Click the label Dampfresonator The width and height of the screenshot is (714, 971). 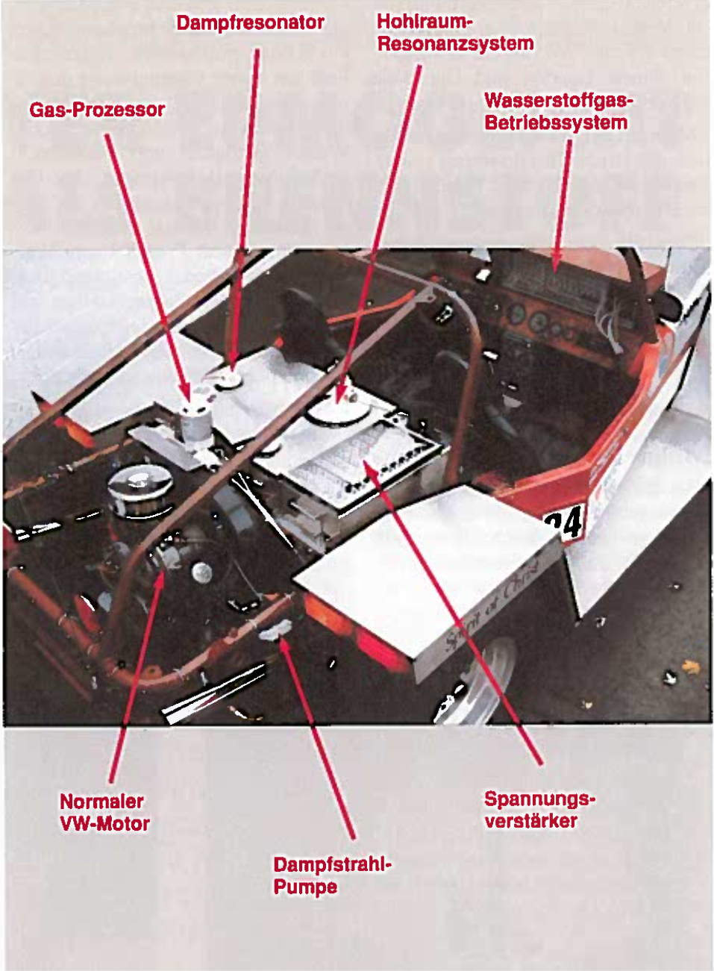coord(250,23)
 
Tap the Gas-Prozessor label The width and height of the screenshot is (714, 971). coord(98,110)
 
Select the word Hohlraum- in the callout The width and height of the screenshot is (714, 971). coord(424,21)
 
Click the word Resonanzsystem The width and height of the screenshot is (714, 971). coord(455,44)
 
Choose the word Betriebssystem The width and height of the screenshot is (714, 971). coord(556,122)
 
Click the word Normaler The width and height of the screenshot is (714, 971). coord(101,801)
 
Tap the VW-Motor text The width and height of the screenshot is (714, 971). coord(105,823)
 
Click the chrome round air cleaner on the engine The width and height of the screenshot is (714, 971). coord(140,489)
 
